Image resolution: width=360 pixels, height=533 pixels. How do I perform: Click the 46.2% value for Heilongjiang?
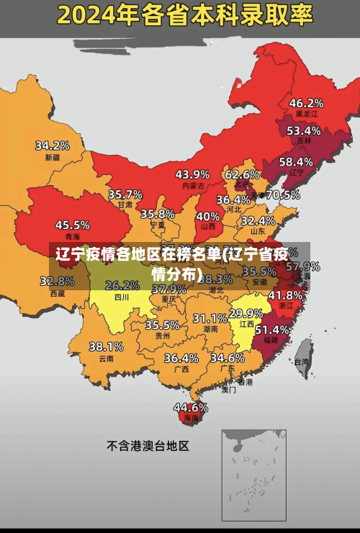point(306,102)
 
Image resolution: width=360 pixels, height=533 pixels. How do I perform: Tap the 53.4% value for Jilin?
point(303,131)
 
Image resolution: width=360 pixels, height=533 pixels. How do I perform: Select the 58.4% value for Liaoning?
point(296,162)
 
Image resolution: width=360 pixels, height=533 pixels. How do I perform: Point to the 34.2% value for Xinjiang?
point(53,145)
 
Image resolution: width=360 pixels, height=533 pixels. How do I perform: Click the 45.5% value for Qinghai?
point(73,225)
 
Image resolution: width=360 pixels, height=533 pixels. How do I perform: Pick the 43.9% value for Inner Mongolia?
point(192,174)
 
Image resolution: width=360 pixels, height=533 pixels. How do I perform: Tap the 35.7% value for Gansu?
point(125,194)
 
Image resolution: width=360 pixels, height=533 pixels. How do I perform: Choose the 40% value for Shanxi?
point(208,215)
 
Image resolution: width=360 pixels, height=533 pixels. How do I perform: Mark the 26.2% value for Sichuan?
point(122,285)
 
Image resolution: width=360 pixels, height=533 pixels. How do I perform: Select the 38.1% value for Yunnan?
point(106,346)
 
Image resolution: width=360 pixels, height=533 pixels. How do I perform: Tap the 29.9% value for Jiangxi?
point(246,313)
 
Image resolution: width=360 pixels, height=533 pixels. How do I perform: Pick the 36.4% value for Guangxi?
point(181,357)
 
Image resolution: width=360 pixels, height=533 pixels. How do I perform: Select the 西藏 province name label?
point(58,293)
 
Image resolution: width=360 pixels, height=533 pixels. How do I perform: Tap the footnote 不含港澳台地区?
point(148,446)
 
